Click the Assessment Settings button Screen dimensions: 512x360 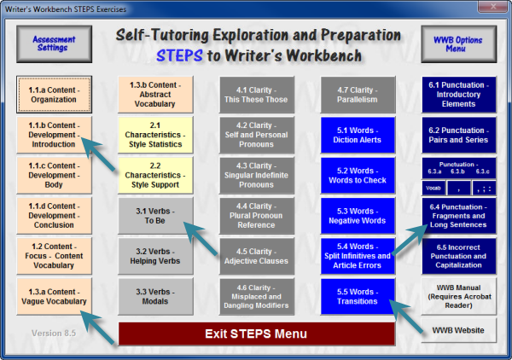tap(55, 44)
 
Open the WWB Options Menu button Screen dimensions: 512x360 tap(459, 44)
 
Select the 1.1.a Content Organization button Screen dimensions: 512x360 tap(55, 95)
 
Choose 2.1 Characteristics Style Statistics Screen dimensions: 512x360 tap(155, 135)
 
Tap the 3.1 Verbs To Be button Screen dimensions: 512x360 tap(155, 216)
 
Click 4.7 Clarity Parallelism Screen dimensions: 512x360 tap(358, 95)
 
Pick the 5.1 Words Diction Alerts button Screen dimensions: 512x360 tap(358, 135)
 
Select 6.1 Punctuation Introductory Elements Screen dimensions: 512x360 tap(459, 95)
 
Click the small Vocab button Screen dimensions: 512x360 tap(433, 188)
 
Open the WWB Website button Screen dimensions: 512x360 tap(459, 330)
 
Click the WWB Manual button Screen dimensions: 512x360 tap(459, 296)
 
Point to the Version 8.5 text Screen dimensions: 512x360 tap(54, 334)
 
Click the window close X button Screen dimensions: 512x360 tap(493, 7)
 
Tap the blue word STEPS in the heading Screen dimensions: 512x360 tap(179, 55)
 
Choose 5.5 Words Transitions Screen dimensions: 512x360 tap(358, 296)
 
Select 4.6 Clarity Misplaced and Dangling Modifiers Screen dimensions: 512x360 tap(257, 296)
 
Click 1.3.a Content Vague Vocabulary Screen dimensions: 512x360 tap(55, 296)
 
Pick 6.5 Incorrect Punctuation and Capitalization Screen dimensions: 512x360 tap(459, 256)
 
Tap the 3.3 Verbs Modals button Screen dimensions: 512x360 tap(155, 296)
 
